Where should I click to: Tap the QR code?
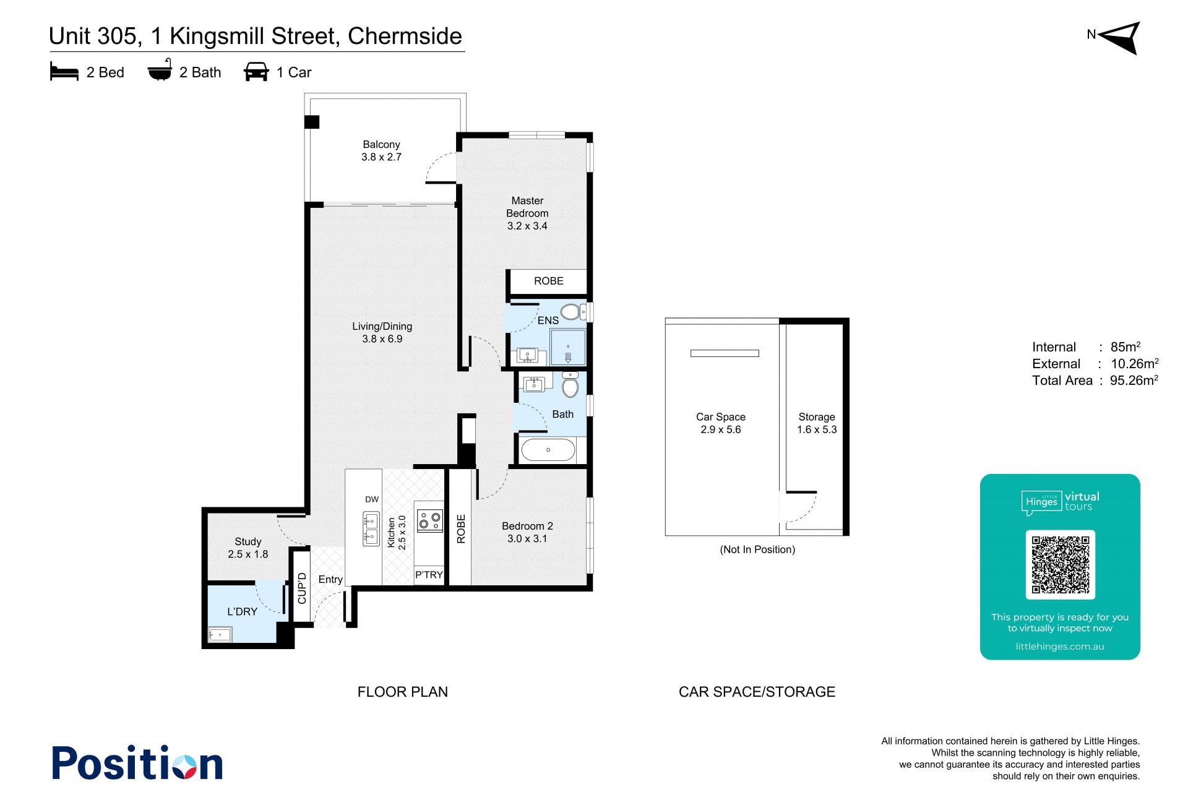1060,564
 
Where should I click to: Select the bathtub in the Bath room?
548,450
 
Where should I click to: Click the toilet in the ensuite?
572,311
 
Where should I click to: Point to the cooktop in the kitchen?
429,520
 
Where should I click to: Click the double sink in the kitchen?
371,528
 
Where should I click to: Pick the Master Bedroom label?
527,207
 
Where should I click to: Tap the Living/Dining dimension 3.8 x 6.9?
382,339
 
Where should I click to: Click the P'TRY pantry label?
429,575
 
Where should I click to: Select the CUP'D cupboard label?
302,588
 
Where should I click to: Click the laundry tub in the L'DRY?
220,634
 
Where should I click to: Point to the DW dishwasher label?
372,499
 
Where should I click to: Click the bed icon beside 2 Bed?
64,72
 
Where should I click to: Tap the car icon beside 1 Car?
256,72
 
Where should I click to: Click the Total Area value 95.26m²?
1134,380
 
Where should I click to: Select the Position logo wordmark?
137,762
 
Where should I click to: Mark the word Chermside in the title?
405,36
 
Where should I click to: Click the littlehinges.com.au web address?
1060,647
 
